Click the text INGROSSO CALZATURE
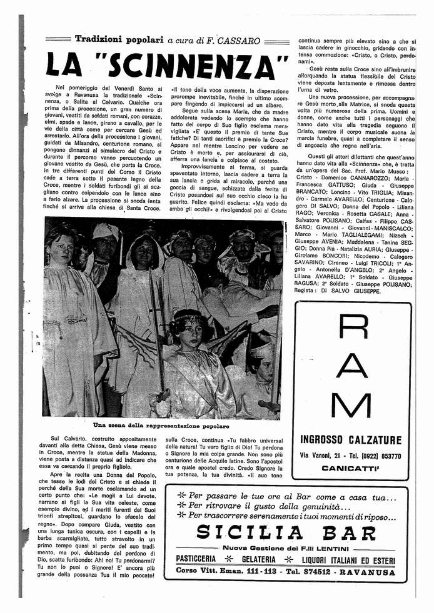[x=351, y=440]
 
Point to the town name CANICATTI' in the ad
[x=351, y=468]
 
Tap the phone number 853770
[x=386, y=456]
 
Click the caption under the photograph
[x=161, y=425]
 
